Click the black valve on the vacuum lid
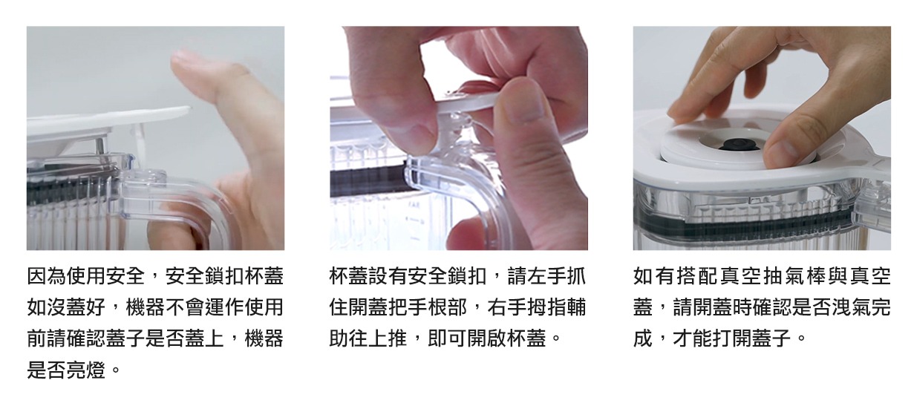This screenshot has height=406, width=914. (740, 145)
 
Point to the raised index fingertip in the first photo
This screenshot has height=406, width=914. (186, 61)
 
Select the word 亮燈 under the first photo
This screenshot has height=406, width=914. (87, 370)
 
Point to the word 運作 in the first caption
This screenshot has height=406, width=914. (225, 307)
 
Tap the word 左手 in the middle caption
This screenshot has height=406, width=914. (546, 276)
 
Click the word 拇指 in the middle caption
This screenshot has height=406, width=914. (546, 307)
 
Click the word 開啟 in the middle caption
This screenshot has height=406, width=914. (487, 338)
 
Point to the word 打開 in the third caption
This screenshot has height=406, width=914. (732, 338)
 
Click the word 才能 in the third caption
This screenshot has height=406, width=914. (693, 338)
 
